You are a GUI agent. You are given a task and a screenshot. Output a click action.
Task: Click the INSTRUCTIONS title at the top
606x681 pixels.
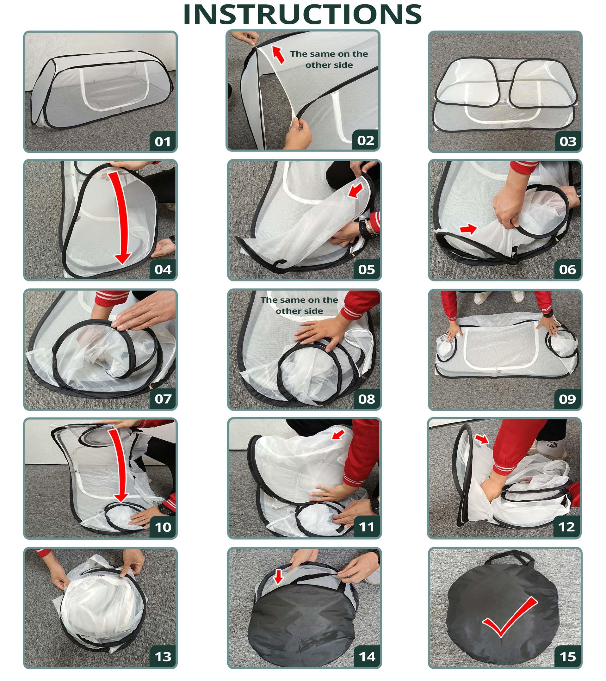(x=302, y=15)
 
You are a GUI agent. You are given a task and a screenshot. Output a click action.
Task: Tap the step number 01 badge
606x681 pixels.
(x=163, y=142)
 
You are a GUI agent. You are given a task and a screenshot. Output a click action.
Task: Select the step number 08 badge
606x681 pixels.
(x=367, y=399)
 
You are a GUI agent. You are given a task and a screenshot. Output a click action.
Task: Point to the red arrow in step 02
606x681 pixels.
(x=278, y=54)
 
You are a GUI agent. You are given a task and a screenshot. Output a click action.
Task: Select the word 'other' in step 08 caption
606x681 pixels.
(x=285, y=311)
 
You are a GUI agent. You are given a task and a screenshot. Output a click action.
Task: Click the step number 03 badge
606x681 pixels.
(x=568, y=142)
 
